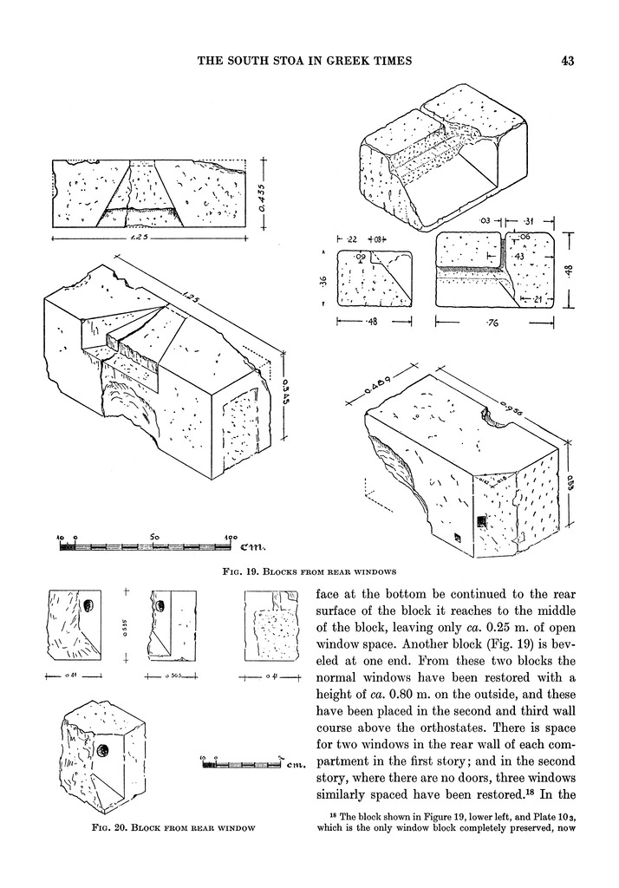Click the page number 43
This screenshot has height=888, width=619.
(x=569, y=61)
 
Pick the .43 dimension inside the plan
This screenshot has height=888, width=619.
(x=518, y=258)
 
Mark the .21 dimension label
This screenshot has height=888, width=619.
(x=538, y=300)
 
